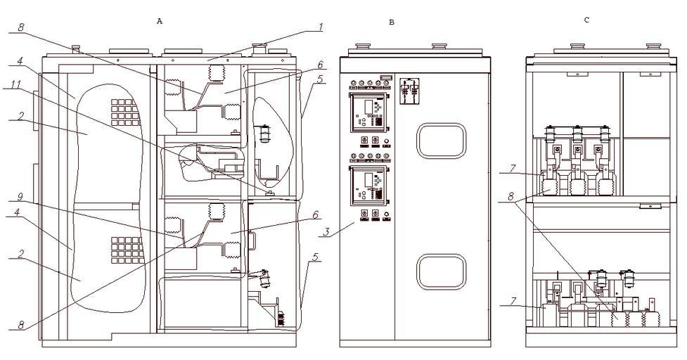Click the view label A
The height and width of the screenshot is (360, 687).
[x=160, y=22]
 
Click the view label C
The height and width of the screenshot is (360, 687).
[x=586, y=20]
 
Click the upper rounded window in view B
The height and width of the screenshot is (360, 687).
[x=442, y=140]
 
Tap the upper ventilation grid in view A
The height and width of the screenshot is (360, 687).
[x=123, y=110]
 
